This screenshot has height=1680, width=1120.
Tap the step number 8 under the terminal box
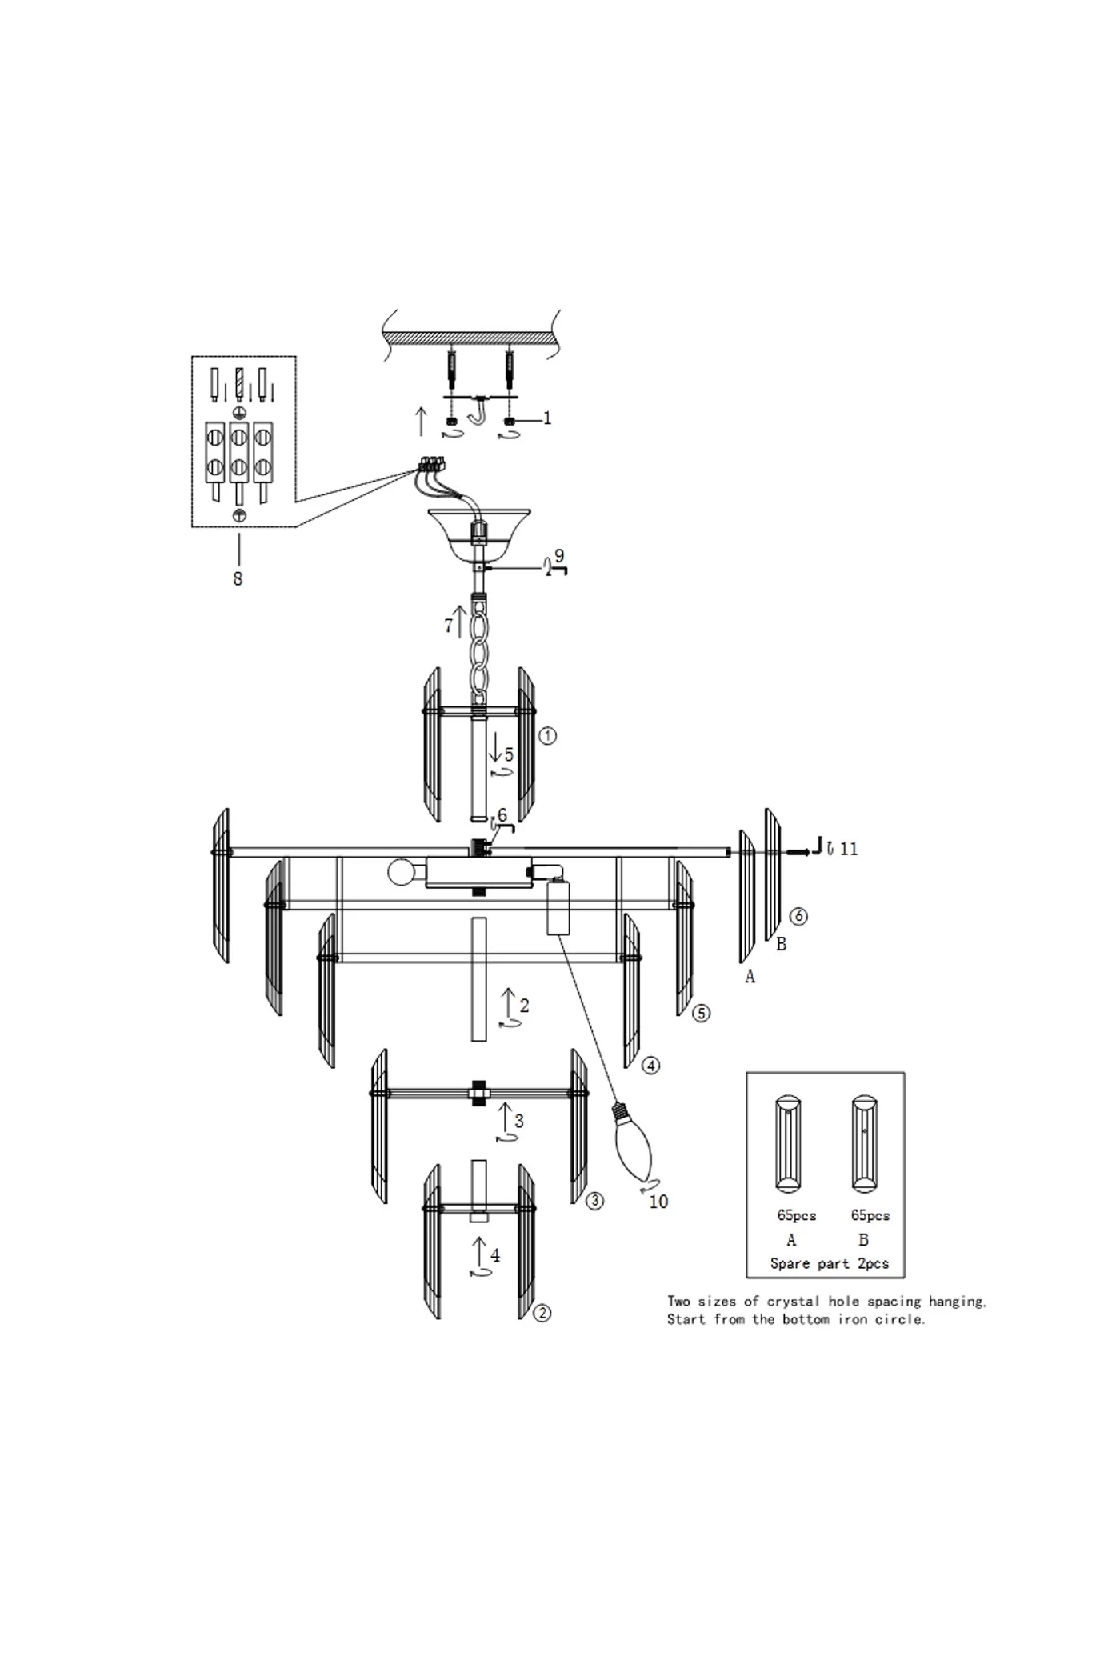[x=238, y=578]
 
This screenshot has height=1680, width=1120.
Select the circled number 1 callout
[x=547, y=736]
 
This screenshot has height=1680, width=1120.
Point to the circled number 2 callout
[x=542, y=1313]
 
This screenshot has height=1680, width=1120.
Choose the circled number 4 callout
[x=651, y=1066]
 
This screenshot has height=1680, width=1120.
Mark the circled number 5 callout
[x=701, y=1014]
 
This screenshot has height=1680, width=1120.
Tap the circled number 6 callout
[x=798, y=917]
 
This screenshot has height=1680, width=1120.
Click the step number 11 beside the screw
[x=849, y=849]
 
